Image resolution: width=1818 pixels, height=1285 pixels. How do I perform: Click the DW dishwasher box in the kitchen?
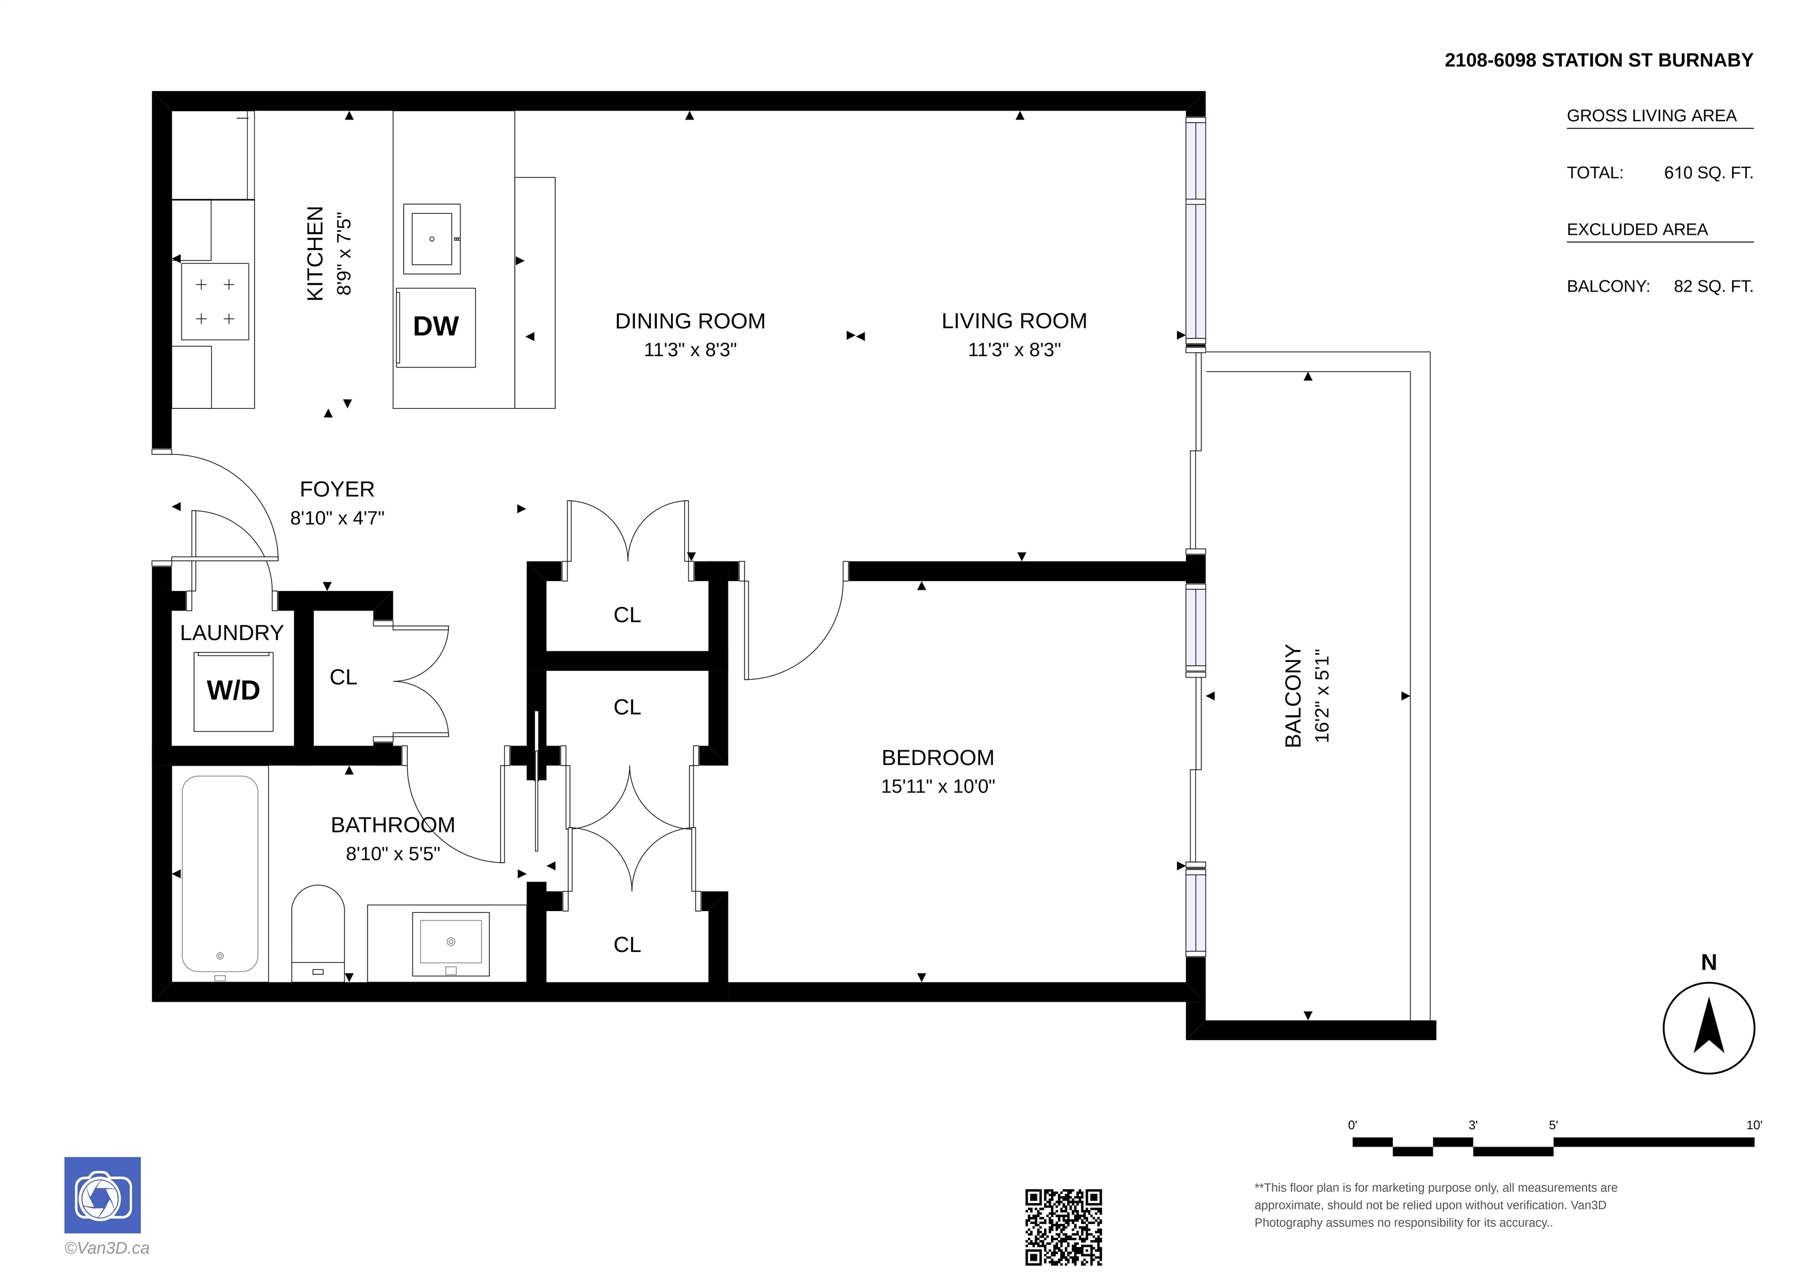(x=436, y=327)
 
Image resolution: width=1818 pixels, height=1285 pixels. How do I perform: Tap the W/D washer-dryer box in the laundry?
(x=234, y=691)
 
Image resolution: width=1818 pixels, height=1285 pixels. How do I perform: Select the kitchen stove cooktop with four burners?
(x=215, y=302)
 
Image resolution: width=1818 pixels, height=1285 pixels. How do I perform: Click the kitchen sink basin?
(x=431, y=238)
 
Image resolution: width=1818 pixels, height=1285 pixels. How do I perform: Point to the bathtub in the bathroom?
(x=220, y=873)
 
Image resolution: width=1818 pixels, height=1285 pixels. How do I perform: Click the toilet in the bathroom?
(x=318, y=932)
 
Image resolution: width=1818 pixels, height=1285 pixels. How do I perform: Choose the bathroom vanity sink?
(x=450, y=944)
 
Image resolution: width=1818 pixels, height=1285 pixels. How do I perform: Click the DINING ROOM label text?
(x=691, y=321)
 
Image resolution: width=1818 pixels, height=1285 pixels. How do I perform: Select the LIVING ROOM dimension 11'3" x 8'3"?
(x=1014, y=350)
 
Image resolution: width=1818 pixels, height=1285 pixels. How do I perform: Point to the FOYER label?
(x=337, y=489)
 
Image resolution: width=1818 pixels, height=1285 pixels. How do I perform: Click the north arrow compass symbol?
(x=1709, y=1028)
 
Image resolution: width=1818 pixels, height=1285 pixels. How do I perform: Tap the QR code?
(x=1063, y=1226)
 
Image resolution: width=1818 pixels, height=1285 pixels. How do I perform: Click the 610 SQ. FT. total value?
(x=1709, y=173)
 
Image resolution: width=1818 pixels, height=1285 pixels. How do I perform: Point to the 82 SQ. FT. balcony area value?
(x=1713, y=286)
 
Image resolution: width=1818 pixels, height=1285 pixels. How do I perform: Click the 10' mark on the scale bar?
(x=1754, y=1125)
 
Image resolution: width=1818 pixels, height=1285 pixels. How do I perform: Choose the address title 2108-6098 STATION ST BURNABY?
(x=1598, y=60)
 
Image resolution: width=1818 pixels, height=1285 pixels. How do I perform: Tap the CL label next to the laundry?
(x=344, y=677)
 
